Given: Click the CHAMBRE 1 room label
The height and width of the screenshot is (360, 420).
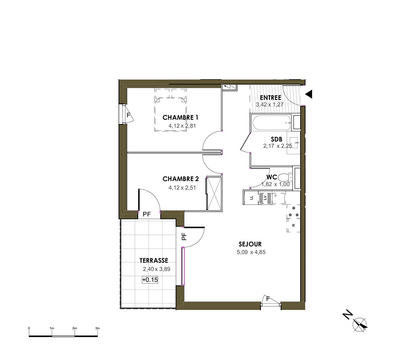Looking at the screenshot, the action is tap(180, 117).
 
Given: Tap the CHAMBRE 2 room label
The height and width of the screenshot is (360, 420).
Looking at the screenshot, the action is tap(181, 179).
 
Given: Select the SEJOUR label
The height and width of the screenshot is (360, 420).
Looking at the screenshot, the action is tap(250, 244).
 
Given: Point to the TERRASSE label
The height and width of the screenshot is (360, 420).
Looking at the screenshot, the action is tap(154, 260).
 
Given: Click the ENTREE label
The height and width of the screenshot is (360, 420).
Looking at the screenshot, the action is tap(270, 98).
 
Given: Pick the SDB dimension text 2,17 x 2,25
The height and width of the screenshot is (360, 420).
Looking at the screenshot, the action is tap(278, 146).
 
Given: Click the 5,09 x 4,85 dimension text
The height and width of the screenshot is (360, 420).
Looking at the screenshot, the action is tap(251, 252).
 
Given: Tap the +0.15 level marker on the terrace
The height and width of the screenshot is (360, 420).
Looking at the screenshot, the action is tap(150, 280).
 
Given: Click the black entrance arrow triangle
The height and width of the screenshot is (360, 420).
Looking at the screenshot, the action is tap(309, 94).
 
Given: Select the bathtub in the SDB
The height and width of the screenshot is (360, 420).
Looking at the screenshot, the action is tap(272, 123).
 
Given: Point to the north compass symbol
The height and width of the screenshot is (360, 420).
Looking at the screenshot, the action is tap(360, 324).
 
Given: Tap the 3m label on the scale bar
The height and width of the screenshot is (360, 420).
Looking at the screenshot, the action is tap(97, 328).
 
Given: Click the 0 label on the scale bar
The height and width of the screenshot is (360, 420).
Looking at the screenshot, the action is tap(29, 328).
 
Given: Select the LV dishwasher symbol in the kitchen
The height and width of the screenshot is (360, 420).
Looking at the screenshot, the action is tap(265, 198).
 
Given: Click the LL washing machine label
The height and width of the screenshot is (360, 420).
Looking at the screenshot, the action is tap(251, 198).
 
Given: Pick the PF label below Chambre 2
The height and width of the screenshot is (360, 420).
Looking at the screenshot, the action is tap(147, 214).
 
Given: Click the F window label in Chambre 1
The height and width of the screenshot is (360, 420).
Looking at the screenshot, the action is tap(128, 116).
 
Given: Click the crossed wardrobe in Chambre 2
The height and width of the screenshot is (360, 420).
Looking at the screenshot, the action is tap(214, 193).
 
